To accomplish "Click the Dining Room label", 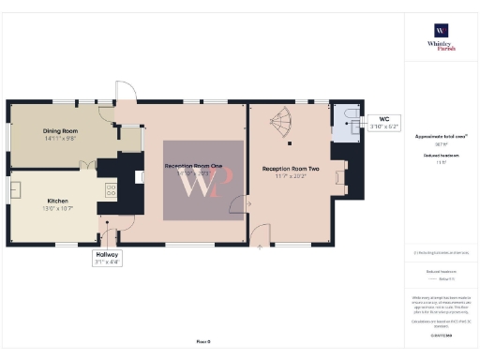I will [60, 131].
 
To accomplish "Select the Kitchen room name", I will [58, 201].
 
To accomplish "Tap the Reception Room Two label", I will [291, 169].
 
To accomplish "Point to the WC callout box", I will [384, 123].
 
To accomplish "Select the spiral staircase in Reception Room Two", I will [282, 120].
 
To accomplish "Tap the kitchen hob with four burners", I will [111, 190].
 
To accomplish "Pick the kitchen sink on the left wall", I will [16, 190].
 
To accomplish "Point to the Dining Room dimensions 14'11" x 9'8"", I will [60, 139].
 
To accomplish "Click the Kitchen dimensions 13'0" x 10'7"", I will [58, 208].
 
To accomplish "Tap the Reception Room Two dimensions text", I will [291, 176].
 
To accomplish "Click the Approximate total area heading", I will [441, 136].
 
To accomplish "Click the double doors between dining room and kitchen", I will [88, 165].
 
